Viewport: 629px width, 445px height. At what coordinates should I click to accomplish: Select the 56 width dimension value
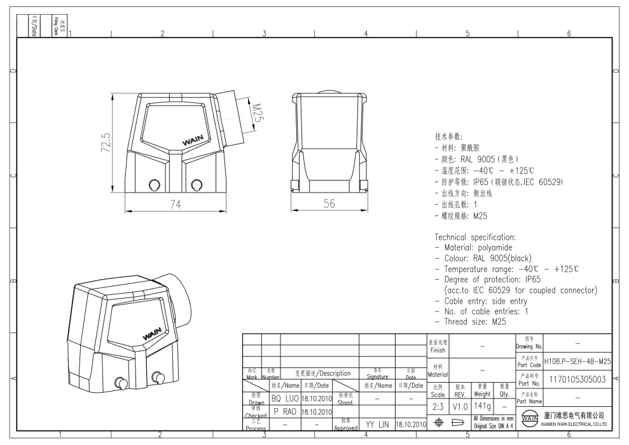click(329, 203)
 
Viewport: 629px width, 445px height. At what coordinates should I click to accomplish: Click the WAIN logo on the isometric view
click(153, 334)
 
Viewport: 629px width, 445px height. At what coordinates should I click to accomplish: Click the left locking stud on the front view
click(153, 185)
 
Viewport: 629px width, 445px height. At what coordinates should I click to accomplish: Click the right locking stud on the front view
click(198, 185)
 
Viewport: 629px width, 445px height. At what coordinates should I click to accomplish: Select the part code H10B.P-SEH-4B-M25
click(578, 361)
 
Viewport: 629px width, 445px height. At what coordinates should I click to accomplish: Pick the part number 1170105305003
click(578, 381)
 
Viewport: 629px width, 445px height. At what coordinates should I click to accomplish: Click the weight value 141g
click(481, 406)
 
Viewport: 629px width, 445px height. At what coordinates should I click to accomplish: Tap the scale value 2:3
click(438, 406)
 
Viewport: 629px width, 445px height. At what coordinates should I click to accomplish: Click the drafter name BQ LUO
click(284, 399)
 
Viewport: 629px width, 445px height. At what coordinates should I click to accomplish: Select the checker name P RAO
click(284, 411)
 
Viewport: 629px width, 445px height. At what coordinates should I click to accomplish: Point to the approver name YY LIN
click(377, 423)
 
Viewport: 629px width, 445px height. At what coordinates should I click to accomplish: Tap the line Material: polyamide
click(473, 247)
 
